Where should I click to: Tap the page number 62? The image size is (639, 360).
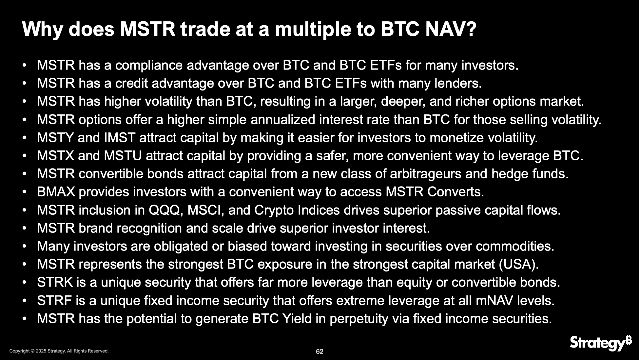[x=319, y=351]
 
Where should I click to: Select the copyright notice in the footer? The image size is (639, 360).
[x=59, y=351]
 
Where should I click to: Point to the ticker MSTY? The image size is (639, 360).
[x=56, y=138]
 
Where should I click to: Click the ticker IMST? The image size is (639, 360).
[x=120, y=138]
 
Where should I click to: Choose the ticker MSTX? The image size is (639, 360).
[x=56, y=156]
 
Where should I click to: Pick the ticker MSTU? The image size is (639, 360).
[x=123, y=156]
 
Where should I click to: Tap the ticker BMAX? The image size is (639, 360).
[x=56, y=192]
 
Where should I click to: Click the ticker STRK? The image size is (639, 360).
[x=55, y=282]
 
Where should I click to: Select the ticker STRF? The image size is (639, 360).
[x=55, y=300]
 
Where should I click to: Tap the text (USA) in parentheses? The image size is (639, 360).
[x=519, y=264]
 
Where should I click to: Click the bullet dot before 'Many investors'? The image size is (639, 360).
[x=24, y=246]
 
